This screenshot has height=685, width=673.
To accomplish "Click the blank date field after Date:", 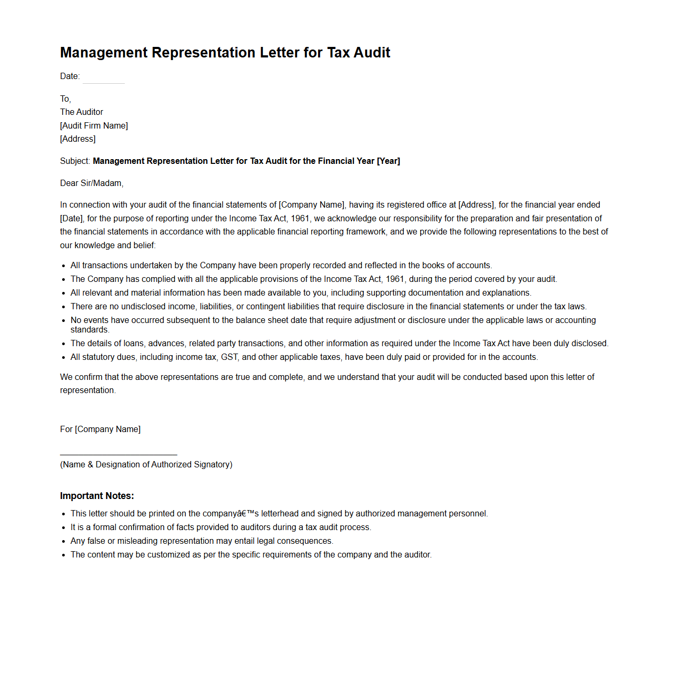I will pos(104,77).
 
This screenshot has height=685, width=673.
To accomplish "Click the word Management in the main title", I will pos(104,53).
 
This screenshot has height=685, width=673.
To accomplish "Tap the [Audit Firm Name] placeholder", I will pos(94,125).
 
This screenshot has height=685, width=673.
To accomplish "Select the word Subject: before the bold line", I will pos(75,161).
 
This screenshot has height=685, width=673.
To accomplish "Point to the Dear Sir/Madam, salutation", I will pos(92,183).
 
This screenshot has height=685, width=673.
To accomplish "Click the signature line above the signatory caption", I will pos(118,454).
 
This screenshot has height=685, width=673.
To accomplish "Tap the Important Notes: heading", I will pos(97,496).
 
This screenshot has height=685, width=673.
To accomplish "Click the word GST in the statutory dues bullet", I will pos(229,357).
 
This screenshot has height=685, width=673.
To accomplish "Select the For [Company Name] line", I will pos(100,429).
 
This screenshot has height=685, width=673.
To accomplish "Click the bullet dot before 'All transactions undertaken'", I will pos(64,266).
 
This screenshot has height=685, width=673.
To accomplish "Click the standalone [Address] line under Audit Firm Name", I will pos(78,139).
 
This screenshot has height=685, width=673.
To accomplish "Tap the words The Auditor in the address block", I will pos(82,112).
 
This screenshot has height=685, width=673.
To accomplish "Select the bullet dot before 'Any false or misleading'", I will pos(64,542).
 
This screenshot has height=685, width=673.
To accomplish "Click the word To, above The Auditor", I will pos(65,99).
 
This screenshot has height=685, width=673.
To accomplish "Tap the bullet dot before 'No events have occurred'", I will pos(64,321).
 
